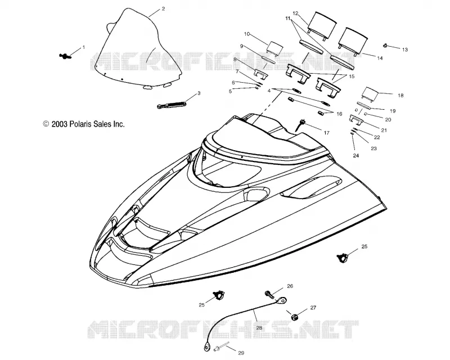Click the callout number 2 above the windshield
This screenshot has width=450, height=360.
[163, 9]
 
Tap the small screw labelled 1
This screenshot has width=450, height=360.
[65, 56]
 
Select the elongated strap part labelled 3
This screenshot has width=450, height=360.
[172, 103]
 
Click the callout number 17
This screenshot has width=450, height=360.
[326, 133]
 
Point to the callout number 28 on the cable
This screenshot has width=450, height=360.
[259, 327]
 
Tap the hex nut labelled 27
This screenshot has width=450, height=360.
[294, 317]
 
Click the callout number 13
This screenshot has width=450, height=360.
[404, 49]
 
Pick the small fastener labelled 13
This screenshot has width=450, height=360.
[386, 45]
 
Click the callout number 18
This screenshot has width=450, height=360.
[400, 95]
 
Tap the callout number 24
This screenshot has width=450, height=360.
[356, 156]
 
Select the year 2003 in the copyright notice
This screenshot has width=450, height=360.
[60, 124]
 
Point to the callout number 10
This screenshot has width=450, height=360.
[247, 34]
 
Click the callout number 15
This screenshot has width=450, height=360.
[351, 76]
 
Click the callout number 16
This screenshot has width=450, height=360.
[339, 114]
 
